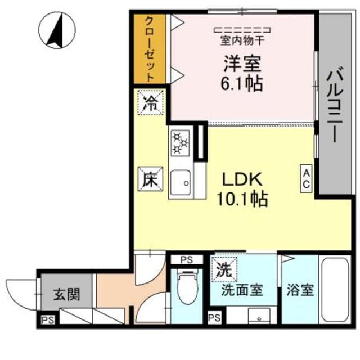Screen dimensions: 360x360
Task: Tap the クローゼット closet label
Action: click(x=150, y=47)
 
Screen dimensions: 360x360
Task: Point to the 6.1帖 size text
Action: click(x=240, y=84)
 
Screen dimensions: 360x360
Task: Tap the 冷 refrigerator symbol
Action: click(x=151, y=102)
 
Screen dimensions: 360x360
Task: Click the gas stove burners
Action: click(x=180, y=142)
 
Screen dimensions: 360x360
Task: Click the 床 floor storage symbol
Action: click(x=150, y=181)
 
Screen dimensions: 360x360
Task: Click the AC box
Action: click(x=307, y=178)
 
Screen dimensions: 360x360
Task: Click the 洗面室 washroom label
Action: click(x=242, y=291)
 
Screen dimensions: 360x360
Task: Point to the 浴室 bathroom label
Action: click(x=300, y=292)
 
